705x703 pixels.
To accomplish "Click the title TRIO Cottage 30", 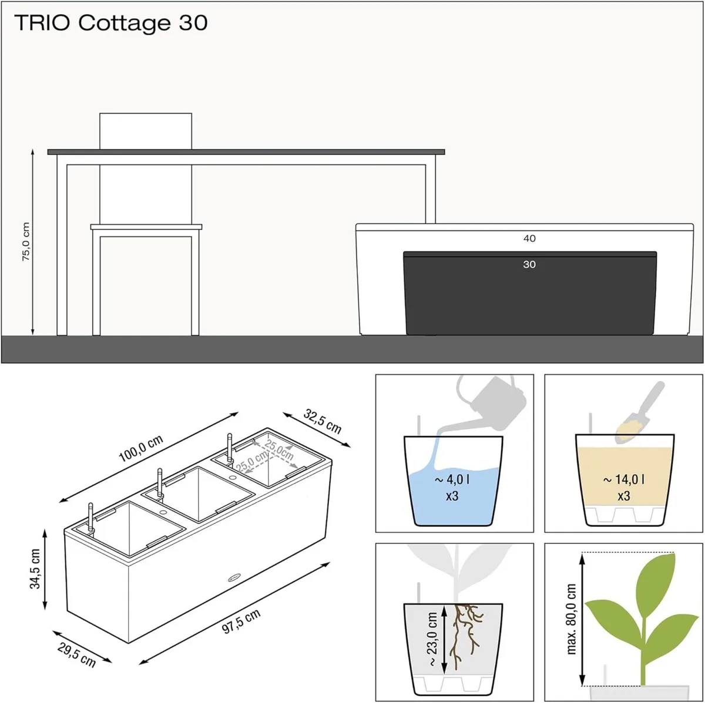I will pyautogui.click(x=110, y=23).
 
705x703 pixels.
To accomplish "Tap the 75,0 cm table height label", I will pyautogui.click(x=26, y=241).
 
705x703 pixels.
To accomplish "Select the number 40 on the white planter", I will pyautogui.click(x=529, y=239).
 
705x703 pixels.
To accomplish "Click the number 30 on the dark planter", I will pyautogui.click(x=529, y=265).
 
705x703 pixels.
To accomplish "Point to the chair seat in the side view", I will pyautogui.click(x=146, y=227).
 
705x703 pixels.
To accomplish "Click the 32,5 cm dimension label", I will pyautogui.click(x=323, y=421).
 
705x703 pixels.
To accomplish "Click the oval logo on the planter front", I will pyautogui.click(x=234, y=577).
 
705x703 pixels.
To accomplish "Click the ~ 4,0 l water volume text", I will pyautogui.click(x=452, y=479).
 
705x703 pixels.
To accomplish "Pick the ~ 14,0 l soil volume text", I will pyautogui.click(x=623, y=479).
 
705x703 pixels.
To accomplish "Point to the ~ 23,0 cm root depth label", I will pyautogui.click(x=432, y=640).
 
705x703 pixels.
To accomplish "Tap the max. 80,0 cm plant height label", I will pyautogui.click(x=571, y=619).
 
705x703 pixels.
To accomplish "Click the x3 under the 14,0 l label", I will pyautogui.click(x=624, y=495).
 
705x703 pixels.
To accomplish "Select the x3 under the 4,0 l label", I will pyautogui.click(x=452, y=495).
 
